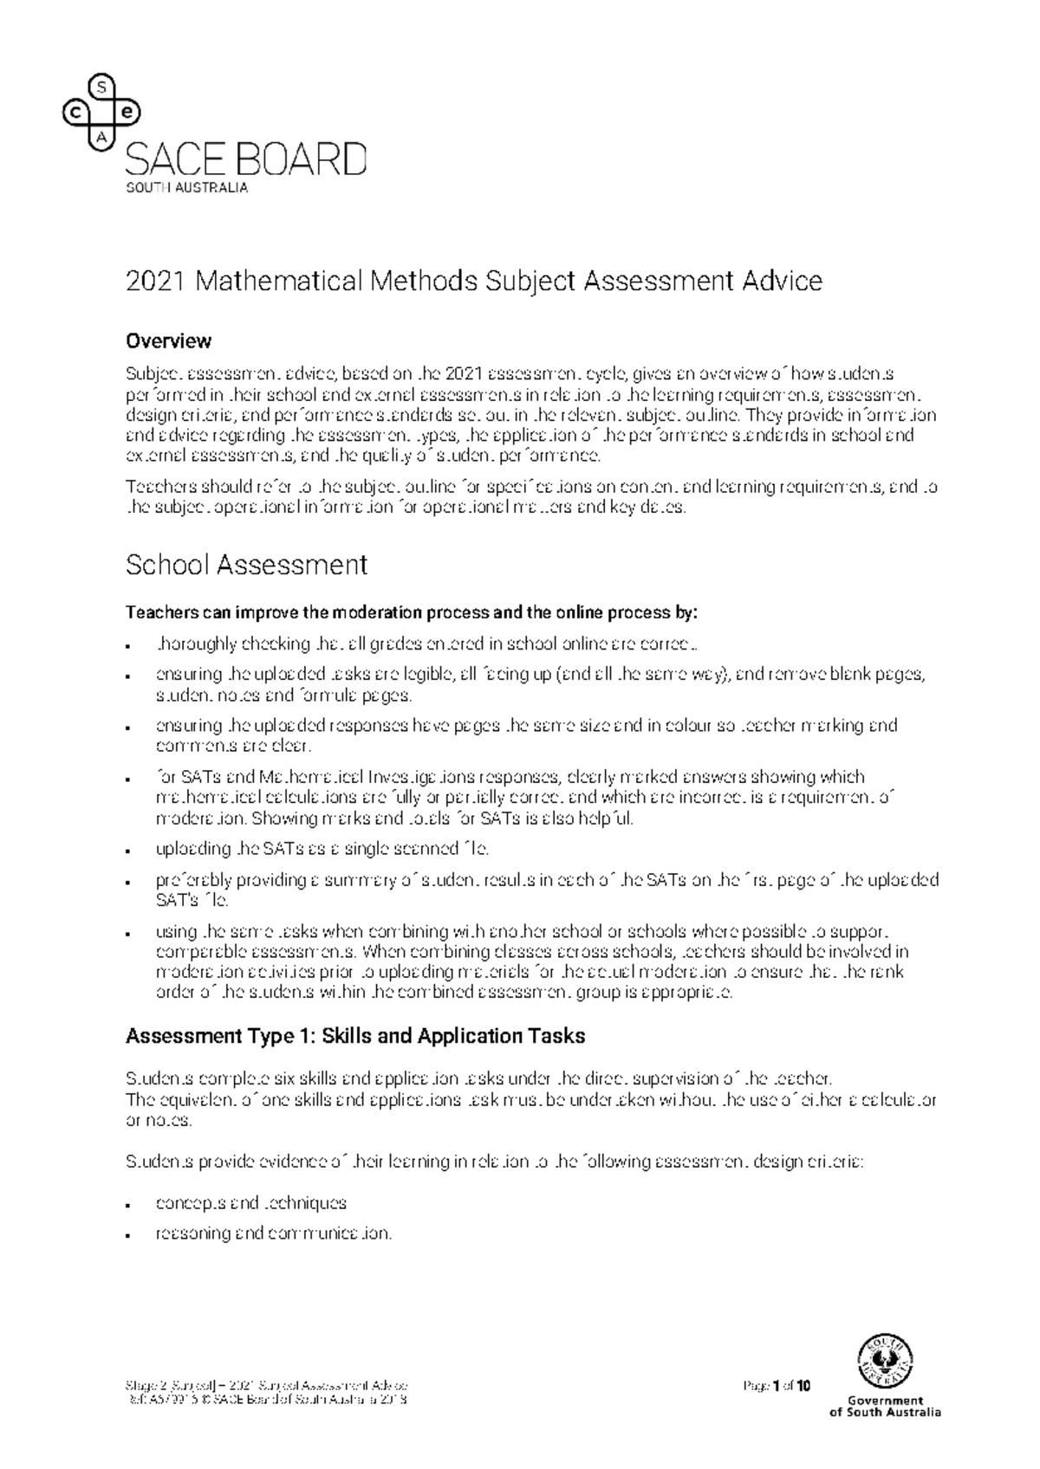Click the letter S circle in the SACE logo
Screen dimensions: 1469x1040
pos(102,87)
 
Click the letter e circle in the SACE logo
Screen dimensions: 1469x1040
pos(127,113)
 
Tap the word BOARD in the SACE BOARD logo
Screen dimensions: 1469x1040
pos(300,160)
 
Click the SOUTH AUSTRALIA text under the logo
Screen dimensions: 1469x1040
pos(187,188)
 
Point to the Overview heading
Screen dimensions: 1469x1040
pos(168,340)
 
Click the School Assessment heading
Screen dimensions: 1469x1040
pos(246,565)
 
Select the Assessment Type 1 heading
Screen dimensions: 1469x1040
pos(355,1036)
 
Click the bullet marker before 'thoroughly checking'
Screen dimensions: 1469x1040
pos(128,645)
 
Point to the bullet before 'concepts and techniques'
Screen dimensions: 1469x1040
pos(128,1205)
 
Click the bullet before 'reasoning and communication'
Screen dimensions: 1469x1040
pos(128,1234)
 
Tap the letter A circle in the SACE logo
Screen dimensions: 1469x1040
pos(102,138)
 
